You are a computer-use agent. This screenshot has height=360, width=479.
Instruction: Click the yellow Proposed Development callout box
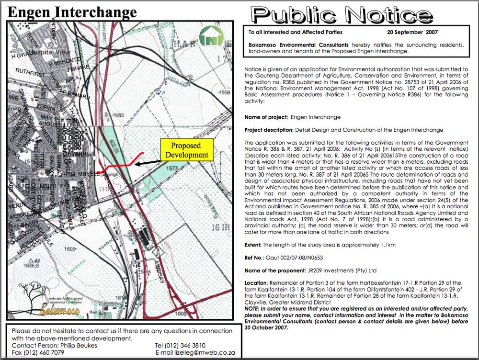(x=186, y=150)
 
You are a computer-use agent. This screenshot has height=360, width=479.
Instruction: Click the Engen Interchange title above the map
(x=72, y=12)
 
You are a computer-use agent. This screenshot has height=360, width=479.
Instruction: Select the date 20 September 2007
(x=412, y=33)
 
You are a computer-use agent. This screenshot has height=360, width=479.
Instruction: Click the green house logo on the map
(x=208, y=36)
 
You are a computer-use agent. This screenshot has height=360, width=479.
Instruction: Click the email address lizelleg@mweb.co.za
(x=201, y=353)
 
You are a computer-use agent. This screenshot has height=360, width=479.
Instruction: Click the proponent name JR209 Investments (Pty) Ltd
(x=340, y=270)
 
